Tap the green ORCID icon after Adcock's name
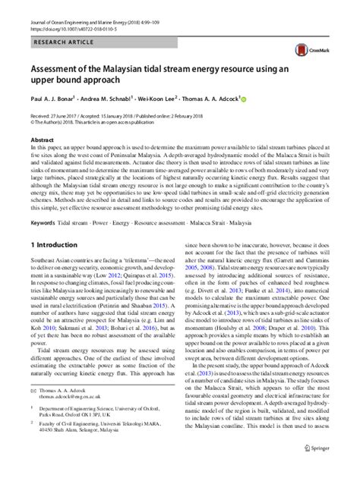coord(245,99)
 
